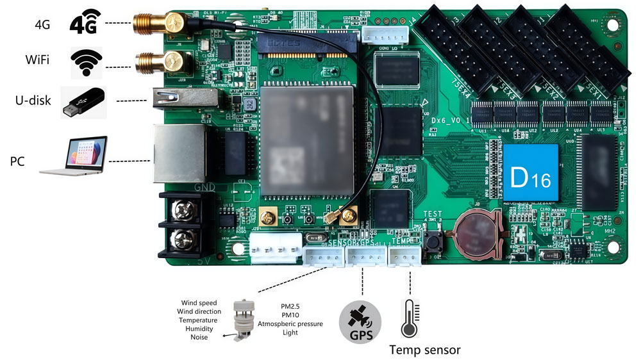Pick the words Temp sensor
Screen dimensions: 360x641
[x=425, y=350]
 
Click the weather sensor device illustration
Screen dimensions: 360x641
[x=242, y=320]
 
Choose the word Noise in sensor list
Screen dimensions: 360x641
[x=199, y=337]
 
